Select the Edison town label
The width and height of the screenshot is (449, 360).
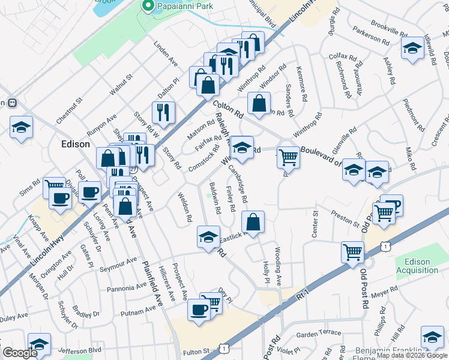click(x=76, y=144)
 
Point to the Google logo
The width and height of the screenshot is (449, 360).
click(x=20, y=353)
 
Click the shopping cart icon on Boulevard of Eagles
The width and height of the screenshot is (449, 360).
click(x=289, y=158)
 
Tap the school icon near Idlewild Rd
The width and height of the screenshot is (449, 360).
click(x=412, y=49)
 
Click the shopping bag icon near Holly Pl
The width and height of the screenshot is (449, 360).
click(x=253, y=221)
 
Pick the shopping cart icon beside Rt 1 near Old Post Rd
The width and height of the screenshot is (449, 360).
click(x=352, y=251)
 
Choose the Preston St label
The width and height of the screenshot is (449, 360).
click(x=345, y=218)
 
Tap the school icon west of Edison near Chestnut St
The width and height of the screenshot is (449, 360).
click(x=21, y=127)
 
